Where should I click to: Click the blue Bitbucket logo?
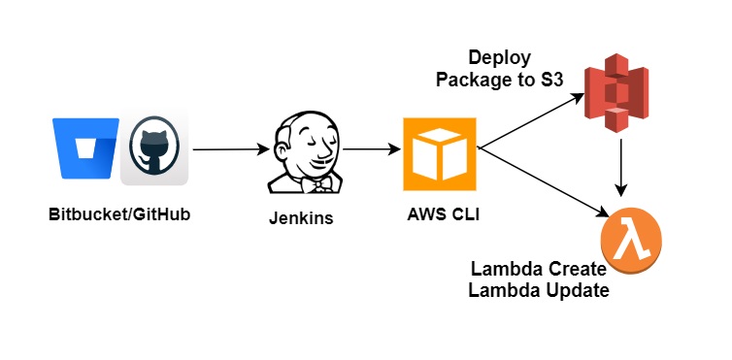point(87,148)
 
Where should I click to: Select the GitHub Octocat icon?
point(154,150)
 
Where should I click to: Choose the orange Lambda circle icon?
point(632,238)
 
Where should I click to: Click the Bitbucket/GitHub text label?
point(118,213)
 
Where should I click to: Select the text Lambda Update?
point(539,289)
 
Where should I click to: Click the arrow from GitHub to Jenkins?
point(231,150)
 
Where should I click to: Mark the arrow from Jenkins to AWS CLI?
point(372,150)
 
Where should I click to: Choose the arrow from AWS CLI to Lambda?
point(544,180)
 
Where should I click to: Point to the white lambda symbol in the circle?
point(632,238)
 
